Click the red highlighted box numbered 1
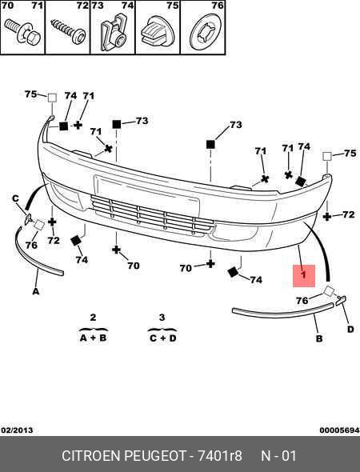[304, 276]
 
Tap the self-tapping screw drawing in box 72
[68, 31]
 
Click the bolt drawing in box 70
[22, 32]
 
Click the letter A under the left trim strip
[36, 291]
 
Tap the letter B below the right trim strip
[319, 338]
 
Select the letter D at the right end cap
[350, 330]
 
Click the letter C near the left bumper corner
[15, 198]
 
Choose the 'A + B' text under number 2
[93, 338]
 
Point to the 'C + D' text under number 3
[162, 338]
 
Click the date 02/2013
[17, 430]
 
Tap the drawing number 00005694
[339, 430]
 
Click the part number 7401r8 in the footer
[220, 455]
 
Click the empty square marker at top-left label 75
[52, 98]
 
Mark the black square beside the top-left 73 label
[117, 124]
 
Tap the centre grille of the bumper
[152, 214]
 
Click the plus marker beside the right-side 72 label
[327, 217]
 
